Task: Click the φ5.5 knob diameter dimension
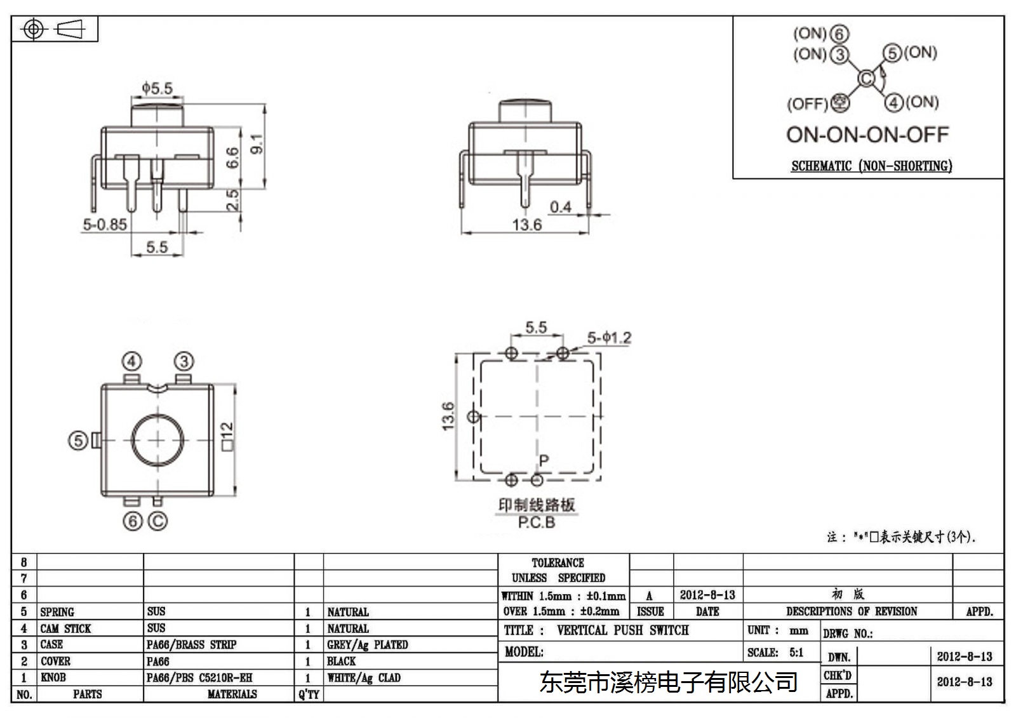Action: tap(157, 88)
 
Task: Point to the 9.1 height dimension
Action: tap(257, 143)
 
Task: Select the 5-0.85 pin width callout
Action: tap(105, 225)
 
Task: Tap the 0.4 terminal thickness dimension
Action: tap(561, 208)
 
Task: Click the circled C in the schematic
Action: tap(866, 79)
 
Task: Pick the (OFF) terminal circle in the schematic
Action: tap(839, 102)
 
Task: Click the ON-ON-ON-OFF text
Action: tap(867, 135)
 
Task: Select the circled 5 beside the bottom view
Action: tap(78, 441)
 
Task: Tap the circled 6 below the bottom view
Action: tap(133, 521)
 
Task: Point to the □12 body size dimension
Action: tap(227, 436)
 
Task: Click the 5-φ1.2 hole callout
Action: tap(609, 338)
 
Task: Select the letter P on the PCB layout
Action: tap(544, 461)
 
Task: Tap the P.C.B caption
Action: tap(537, 522)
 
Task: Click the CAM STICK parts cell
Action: tap(65, 628)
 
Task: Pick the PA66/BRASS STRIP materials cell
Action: tap(191, 644)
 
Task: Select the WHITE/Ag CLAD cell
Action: tap(364, 677)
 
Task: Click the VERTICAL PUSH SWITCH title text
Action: tap(623, 630)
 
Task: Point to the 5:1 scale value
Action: tap(796, 653)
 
